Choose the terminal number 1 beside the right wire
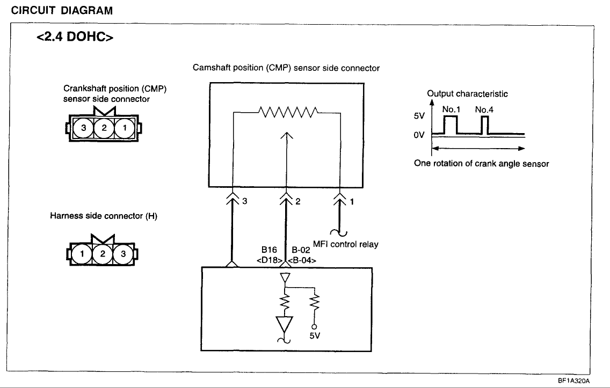pyautogui.click(x=352, y=202)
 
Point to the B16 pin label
pyautogui.click(x=269, y=250)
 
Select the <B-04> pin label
pyautogui.click(x=301, y=260)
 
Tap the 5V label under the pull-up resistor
pyautogui.click(x=315, y=336)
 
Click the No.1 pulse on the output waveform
pyautogui.click(x=449, y=125)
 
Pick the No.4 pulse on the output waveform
pyautogui.click(x=485, y=125)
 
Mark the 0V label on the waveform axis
pyautogui.click(x=419, y=135)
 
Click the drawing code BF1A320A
pyautogui.click(x=573, y=380)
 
